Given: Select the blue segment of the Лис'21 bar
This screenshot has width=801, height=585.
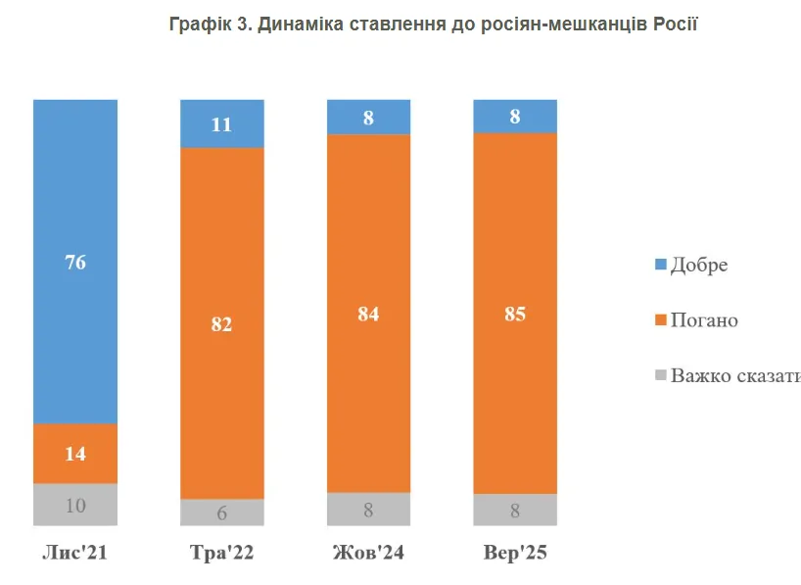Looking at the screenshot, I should (x=75, y=196).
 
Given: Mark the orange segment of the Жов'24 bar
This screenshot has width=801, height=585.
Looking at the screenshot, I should (x=368, y=392).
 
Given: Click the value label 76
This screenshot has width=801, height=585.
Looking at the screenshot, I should (x=75, y=262).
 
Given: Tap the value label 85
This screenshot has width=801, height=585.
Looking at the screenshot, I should (x=515, y=315).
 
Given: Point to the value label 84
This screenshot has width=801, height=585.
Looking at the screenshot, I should (x=368, y=315).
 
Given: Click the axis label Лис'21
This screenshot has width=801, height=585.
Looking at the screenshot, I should (x=74, y=554).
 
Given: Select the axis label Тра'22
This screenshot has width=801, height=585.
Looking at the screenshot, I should (x=221, y=554).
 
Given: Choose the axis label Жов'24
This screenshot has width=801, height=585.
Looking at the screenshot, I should (x=368, y=554).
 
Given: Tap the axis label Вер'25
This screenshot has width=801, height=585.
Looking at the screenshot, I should (x=515, y=554).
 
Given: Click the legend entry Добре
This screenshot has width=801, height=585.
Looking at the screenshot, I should (x=698, y=266).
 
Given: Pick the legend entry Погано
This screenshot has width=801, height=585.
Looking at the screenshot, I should (x=703, y=320).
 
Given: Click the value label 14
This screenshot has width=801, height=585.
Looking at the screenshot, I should (x=75, y=454).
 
